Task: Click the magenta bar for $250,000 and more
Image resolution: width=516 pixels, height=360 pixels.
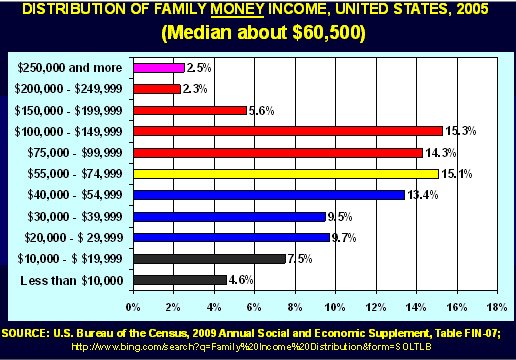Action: coord(158,68)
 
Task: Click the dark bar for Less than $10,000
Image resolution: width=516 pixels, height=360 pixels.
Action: coord(179,280)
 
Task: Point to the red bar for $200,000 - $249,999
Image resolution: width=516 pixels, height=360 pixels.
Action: coord(156,89)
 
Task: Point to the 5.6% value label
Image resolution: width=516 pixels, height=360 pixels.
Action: coord(261,110)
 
